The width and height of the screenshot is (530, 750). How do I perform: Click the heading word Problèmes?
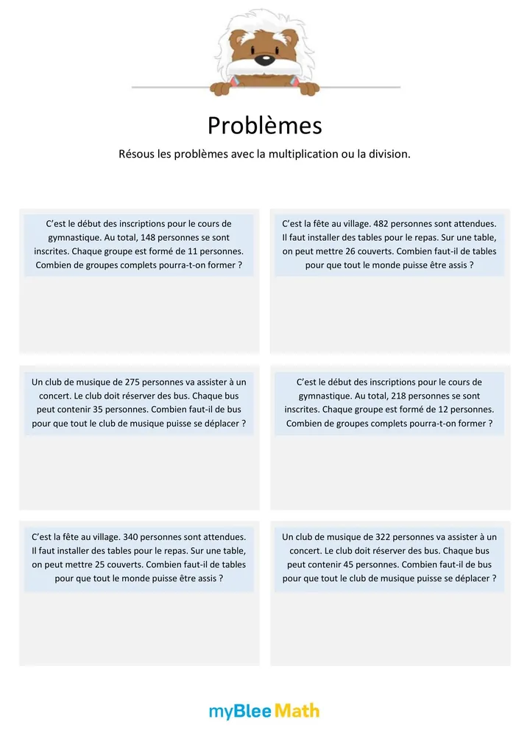(264, 126)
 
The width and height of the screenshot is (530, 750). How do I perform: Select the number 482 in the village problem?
(382, 223)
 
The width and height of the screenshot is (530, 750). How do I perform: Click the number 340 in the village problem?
(132, 537)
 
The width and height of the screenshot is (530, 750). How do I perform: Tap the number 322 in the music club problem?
(384, 537)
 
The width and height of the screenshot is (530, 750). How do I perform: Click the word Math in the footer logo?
(297, 711)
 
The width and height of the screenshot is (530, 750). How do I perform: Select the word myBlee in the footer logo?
(240, 711)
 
